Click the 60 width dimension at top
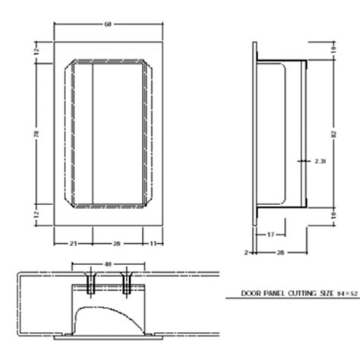coord(107,24)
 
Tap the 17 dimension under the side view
coord(271,235)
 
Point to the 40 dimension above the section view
coord(107,264)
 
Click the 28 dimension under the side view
coord(280,250)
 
